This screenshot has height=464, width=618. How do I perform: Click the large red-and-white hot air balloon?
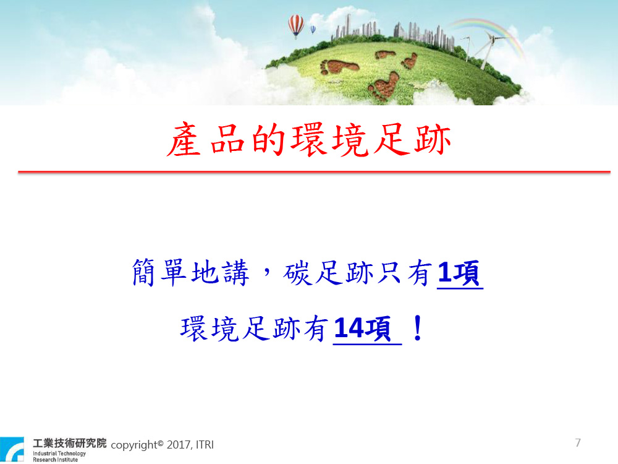(x=296, y=25)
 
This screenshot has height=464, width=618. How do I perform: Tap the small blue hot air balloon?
(x=313, y=30)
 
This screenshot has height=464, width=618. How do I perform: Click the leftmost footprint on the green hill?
(x=339, y=67)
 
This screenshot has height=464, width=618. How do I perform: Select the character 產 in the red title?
(x=184, y=140)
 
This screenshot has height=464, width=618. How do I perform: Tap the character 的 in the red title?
(x=268, y=140)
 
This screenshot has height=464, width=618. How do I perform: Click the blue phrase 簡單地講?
(x=191, y=272)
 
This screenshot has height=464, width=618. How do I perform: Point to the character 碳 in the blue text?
(x=297, y=272)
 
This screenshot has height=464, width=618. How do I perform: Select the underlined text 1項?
(x=460, y=273)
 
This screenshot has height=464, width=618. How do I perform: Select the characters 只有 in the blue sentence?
(x=404, y=272)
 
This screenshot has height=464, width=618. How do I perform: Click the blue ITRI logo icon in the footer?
(x=12, y=449)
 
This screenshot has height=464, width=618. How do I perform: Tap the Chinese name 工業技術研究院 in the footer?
(x=69, y=443)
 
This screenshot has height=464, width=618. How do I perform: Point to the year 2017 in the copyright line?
(x=179, y=445)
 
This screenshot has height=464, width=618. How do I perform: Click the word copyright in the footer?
(x=134, y=445)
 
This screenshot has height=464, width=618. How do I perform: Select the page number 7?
(x=578, y=443)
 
